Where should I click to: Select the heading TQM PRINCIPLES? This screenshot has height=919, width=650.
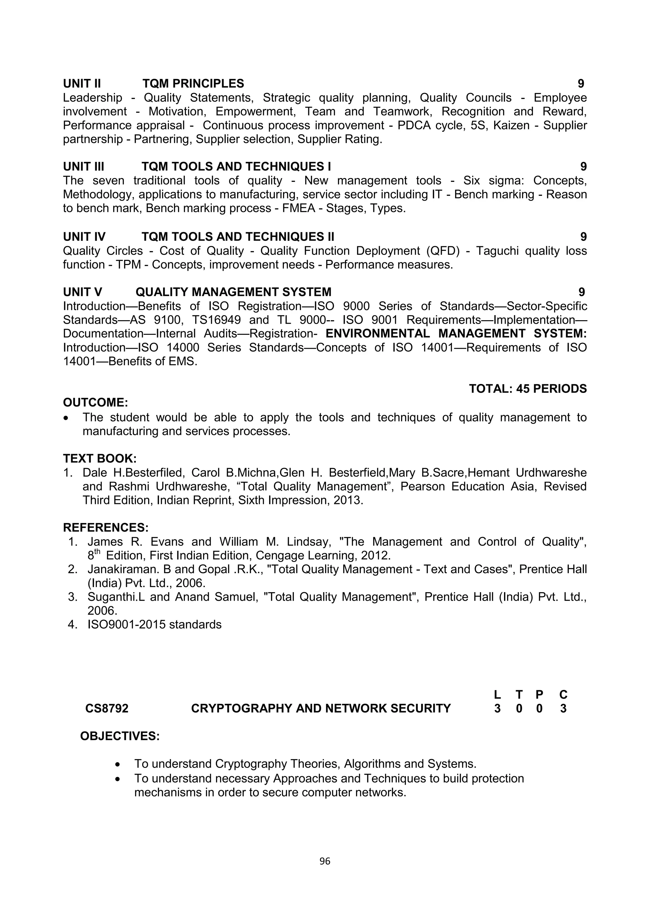tap(193, 84)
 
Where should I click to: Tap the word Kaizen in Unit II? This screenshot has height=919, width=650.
tap(510, 126)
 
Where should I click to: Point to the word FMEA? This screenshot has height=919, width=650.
tap(298, 208)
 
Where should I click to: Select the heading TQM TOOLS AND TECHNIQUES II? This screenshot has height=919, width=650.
tap(238, 237)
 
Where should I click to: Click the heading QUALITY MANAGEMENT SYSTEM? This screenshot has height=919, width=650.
tap(233, 292)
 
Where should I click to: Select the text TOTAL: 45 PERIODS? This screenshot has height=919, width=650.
tap(527, 389)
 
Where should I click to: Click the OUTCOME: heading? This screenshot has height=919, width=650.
tap(95, 402)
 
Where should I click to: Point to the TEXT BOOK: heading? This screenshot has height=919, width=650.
tap(100, 458)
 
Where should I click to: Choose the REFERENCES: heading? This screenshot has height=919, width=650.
tap(106, 527)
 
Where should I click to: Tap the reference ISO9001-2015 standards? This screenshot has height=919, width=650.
tap(154, 625)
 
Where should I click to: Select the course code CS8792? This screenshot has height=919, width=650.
tap(107, 709)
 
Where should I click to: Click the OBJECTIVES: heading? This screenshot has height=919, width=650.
tap(120, 737)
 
